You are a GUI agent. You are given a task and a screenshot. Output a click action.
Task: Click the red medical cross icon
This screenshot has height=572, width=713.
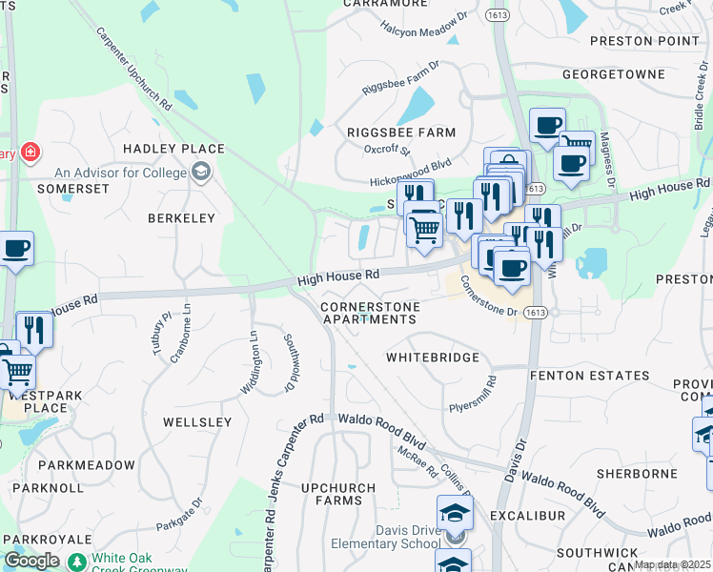coord(31,153)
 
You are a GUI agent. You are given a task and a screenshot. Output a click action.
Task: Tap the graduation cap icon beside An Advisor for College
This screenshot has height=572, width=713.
coord(201,173)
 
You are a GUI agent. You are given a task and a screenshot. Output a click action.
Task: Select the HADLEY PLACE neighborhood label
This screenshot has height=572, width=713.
coord(173,149)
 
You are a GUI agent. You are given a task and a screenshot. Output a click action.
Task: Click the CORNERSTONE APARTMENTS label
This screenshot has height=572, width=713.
coord(368,313)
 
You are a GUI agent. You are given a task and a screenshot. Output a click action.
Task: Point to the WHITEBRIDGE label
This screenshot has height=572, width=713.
coord(429,357)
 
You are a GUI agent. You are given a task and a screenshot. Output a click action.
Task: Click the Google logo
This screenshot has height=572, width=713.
coord(31,561)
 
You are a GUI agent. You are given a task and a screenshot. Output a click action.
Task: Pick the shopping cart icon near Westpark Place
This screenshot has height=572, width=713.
coord(16,373)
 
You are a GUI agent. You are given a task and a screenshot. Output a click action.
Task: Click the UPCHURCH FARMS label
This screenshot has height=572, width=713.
coord(332,494)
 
